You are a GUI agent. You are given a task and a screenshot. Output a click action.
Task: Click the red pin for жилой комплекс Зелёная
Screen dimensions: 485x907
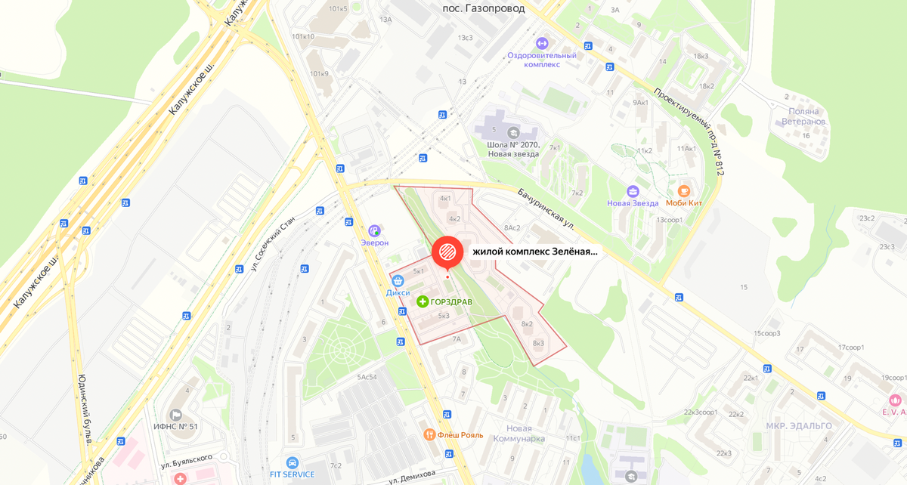point(446,252)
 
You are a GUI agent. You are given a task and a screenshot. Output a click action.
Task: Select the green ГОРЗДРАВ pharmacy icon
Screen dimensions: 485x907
point(423,301)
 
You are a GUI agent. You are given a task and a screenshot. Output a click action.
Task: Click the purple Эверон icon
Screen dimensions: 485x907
point(374,230)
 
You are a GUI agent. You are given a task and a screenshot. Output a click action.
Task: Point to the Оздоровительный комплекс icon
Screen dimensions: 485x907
point(541,42)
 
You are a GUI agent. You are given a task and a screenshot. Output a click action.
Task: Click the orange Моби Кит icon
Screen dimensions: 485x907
point(684,191)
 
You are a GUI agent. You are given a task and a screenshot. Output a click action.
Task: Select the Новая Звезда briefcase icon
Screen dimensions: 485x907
point(633,191)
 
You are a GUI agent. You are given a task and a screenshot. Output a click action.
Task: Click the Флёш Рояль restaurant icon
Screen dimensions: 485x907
point(429,434)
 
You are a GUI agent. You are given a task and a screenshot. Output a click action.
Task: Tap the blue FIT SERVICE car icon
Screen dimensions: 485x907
point(293,462)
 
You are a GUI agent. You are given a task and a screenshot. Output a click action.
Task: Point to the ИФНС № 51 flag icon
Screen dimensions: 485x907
point(175,414)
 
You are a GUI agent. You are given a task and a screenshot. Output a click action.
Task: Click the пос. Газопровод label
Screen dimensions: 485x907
point(483,8)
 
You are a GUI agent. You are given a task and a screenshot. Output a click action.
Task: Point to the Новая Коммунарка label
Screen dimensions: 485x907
point(519,433)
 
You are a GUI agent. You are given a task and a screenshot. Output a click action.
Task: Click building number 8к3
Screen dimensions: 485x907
point(538,343)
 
